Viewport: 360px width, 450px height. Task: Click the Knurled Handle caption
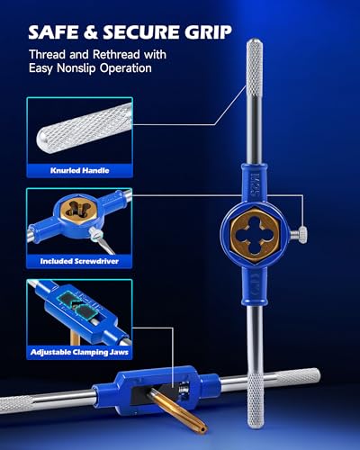tap(79, 170)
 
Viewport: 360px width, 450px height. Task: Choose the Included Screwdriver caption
tap(79, 261)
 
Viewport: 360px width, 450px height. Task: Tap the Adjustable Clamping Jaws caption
tap(79, 352)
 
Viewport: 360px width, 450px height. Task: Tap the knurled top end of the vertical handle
tap(255, 65)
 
